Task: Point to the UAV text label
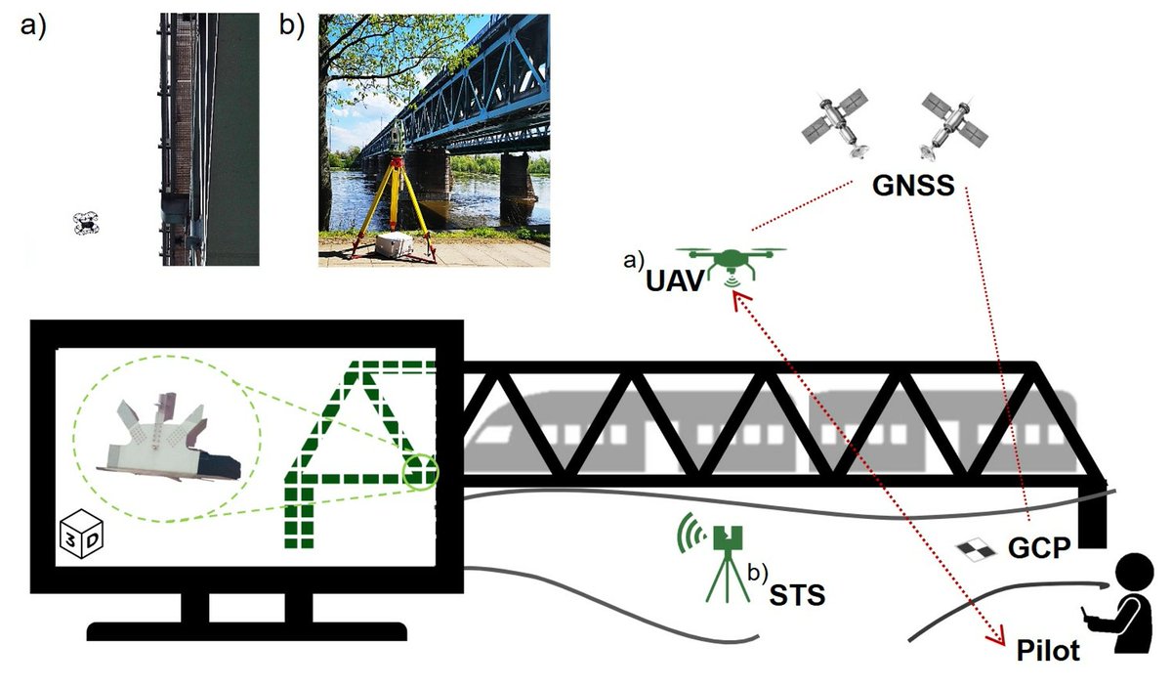click(x=675, y=280)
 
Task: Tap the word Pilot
click(x=1048, y=650)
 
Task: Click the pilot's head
click(x=1136, y=572)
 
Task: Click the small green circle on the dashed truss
click(x=421, y=473)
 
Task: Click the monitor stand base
click(x=245, y=630)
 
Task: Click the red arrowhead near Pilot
click(x=997, y=638)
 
